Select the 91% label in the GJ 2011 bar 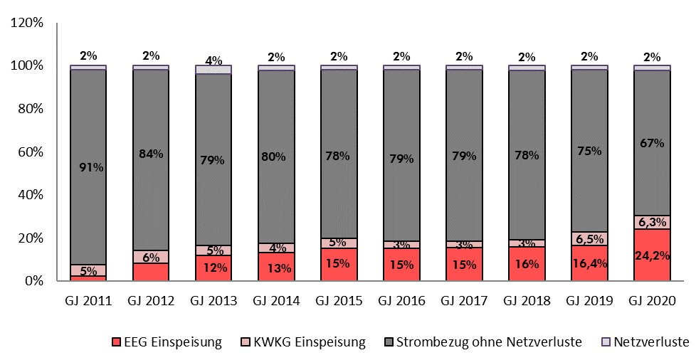(89, 169)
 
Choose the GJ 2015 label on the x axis (339, 301)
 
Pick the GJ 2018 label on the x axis (527, 301)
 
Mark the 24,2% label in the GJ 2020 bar (652, 255)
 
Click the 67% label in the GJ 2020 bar (652, 143)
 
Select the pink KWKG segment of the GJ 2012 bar (151, 257)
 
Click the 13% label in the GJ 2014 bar (276, 268)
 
